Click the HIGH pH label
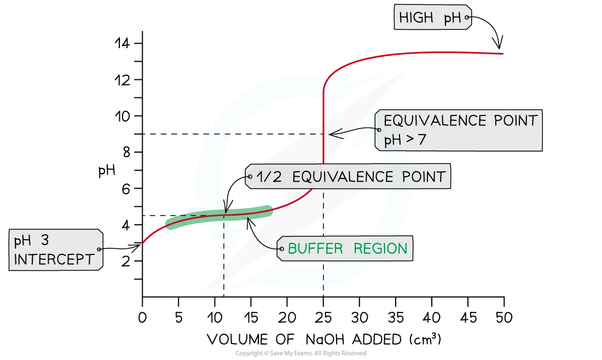pyautogui.click(x=431, y=18)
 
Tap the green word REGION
pyautogui.click(x=380, y=249)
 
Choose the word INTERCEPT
pyautogui.click(x=54, y=259)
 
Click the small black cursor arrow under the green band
pyautogui.click(x=250, y=223)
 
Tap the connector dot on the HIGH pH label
pyautogui.click(x=467, y=18)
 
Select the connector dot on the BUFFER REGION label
pyautogui.click(x=281, y=249)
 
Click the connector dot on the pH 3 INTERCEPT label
pyautogui.click(x=100, y=249)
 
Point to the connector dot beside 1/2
pyautogui.click(x=250, y=177)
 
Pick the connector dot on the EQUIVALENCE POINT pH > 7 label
pyautogui.click(x=377, y=130)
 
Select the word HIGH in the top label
pyautogui.click(x=416, y=18)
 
